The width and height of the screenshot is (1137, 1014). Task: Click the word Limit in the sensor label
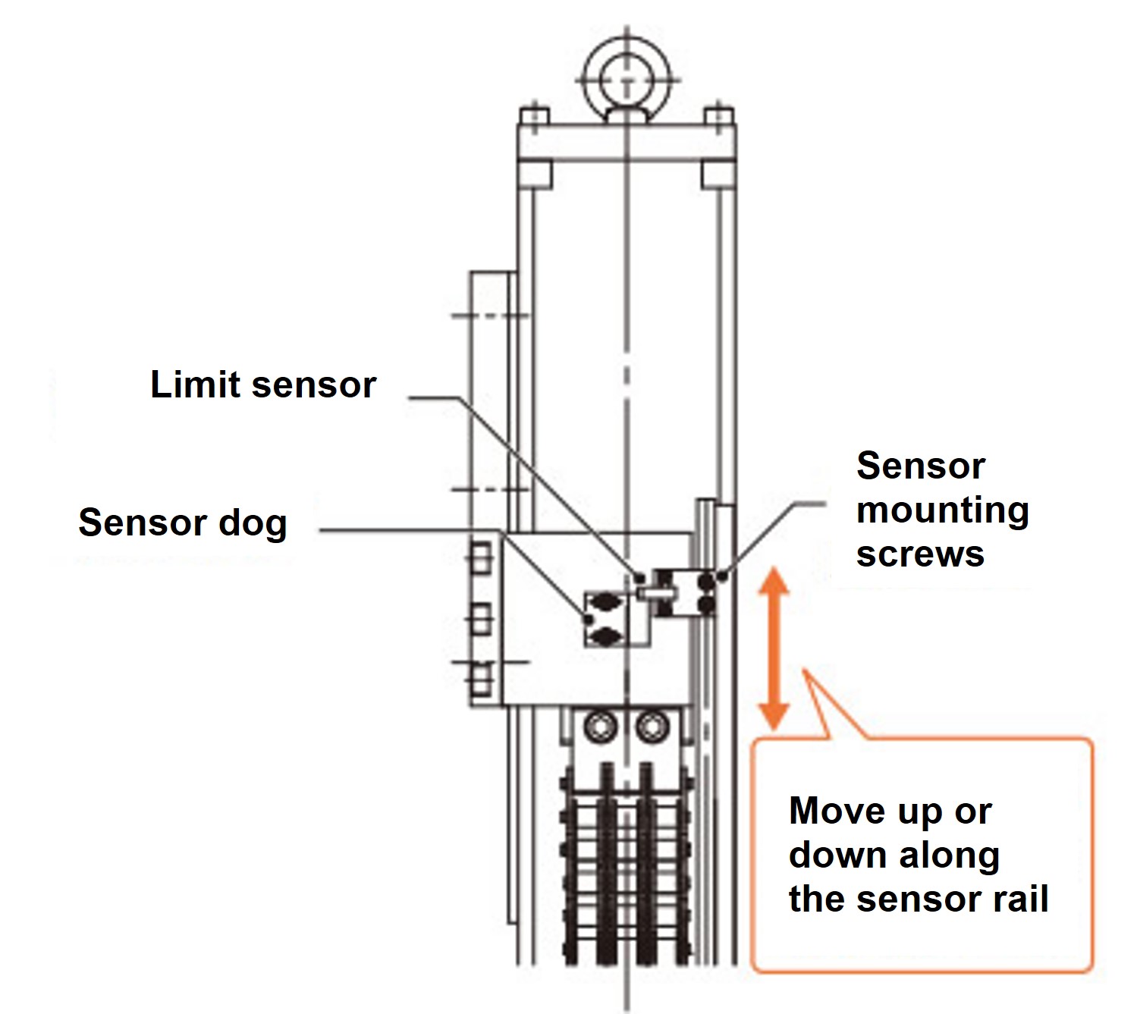196,385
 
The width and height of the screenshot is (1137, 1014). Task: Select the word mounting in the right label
942,510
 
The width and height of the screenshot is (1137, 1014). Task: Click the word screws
920,554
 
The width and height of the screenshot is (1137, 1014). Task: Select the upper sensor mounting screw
707,582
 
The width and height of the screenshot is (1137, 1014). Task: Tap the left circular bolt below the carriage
601,728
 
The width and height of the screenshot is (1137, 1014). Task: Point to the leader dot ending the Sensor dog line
589,620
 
